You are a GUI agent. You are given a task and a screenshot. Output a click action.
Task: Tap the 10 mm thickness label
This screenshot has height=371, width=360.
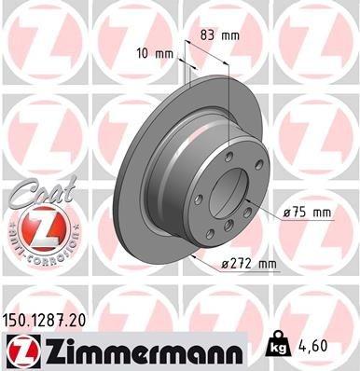[156, 52]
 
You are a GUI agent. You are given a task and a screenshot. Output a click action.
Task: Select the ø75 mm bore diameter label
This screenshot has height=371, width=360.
[306, 213]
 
